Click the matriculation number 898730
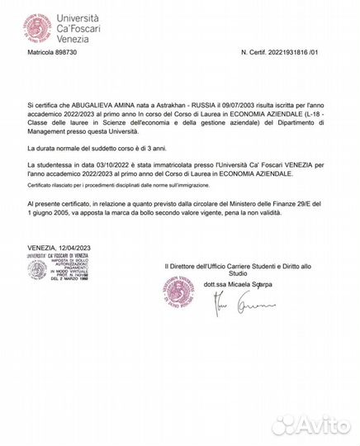pos(64,51)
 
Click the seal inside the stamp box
pos(37,277)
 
